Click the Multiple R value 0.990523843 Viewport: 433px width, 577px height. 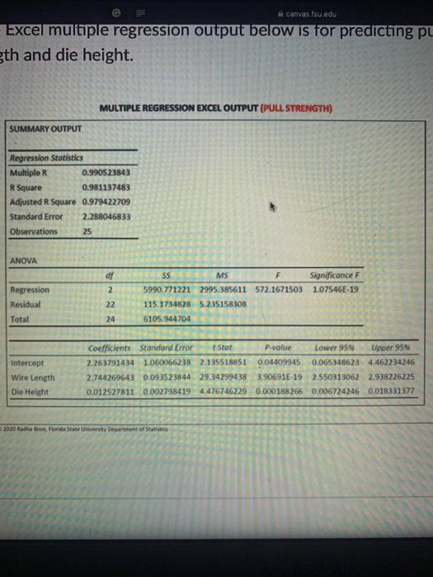[106, 174]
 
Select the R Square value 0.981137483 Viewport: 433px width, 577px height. [106, 187]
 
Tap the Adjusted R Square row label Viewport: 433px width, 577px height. [44, 202]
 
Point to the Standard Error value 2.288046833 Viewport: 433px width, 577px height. [106, 217]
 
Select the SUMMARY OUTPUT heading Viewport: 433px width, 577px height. [41, 129]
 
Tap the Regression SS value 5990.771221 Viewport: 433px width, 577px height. [165, 291]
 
